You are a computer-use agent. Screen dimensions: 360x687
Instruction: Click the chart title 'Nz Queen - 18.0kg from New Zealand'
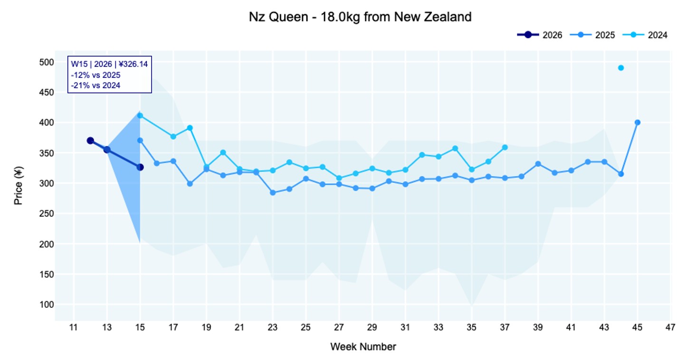(x=360, y=17)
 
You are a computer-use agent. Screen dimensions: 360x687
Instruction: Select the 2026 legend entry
(x=540, y=35)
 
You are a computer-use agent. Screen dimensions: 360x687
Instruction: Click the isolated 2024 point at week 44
(x=620, y=68)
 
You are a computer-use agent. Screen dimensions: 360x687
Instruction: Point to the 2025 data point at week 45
(x=638, y=123)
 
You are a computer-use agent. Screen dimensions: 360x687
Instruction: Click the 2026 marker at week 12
(x=90, y=141)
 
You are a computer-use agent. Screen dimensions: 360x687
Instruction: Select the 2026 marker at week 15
(x=140, y=167)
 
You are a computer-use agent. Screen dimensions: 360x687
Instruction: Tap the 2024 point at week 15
(x=140, y=115)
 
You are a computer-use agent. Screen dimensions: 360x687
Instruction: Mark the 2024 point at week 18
(x=190, y=128)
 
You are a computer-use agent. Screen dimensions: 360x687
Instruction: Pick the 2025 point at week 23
(x=273, y=192)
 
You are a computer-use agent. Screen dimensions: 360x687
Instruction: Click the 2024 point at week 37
(x=505, y=147)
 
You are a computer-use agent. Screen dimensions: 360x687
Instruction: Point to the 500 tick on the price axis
(x=46, y=62)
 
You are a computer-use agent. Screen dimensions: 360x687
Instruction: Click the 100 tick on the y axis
(x=46, y=304)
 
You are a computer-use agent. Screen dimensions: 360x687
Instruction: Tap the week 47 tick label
(x=670, y=327)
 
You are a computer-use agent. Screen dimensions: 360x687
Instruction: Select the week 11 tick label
(x=74, y=327)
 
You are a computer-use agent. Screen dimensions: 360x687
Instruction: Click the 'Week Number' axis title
(x=363, y=347)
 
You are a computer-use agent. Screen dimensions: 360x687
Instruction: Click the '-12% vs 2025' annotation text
(x=95, y=75)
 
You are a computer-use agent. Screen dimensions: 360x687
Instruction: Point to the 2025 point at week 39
(x=538, y=164)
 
